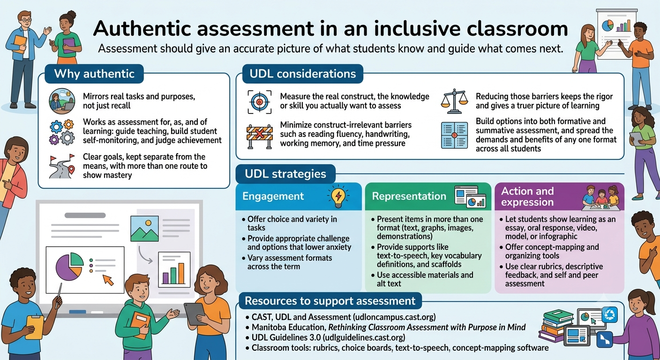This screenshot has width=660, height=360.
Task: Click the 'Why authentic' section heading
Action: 94,74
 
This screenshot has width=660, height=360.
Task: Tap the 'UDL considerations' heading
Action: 303,74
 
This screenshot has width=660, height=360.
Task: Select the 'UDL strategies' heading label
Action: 285,174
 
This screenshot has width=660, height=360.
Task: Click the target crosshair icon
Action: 260,102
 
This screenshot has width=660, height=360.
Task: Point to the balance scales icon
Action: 454,101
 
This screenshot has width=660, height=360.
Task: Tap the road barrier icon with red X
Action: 260,136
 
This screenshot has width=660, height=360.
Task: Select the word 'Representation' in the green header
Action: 409,196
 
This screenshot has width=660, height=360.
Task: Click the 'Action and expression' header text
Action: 527,196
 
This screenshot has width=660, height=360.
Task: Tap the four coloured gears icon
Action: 62,132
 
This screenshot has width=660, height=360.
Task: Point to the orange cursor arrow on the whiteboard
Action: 108,280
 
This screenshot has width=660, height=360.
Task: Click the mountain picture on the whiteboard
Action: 145,229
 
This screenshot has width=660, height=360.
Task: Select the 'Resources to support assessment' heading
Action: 330,301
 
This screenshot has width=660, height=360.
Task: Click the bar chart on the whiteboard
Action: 174,270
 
